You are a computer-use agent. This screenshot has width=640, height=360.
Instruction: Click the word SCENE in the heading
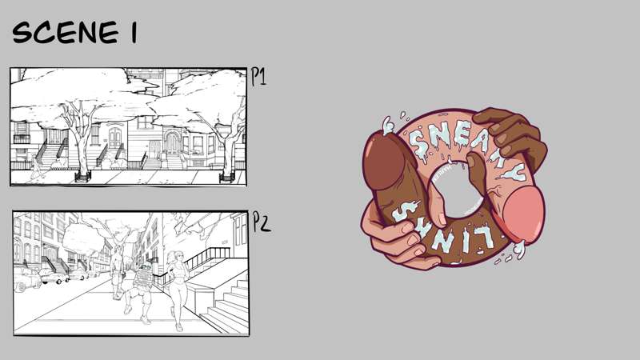(66, 32)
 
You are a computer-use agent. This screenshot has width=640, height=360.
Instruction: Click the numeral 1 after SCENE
(134, 33)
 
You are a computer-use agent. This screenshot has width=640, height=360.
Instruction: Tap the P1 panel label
(258, 76)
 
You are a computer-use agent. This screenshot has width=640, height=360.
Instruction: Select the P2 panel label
(262, 222)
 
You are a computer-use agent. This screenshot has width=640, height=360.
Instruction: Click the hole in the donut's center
(457, 190)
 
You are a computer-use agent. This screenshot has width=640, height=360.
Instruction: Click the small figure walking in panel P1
(36, 168)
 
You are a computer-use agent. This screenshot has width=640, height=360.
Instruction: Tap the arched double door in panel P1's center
(115, 138)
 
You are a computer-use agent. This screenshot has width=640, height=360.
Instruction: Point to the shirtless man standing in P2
(118, 270)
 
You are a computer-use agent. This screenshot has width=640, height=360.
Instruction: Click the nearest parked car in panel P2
(26, 279)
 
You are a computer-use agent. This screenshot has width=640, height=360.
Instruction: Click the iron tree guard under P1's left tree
(83, 176)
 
